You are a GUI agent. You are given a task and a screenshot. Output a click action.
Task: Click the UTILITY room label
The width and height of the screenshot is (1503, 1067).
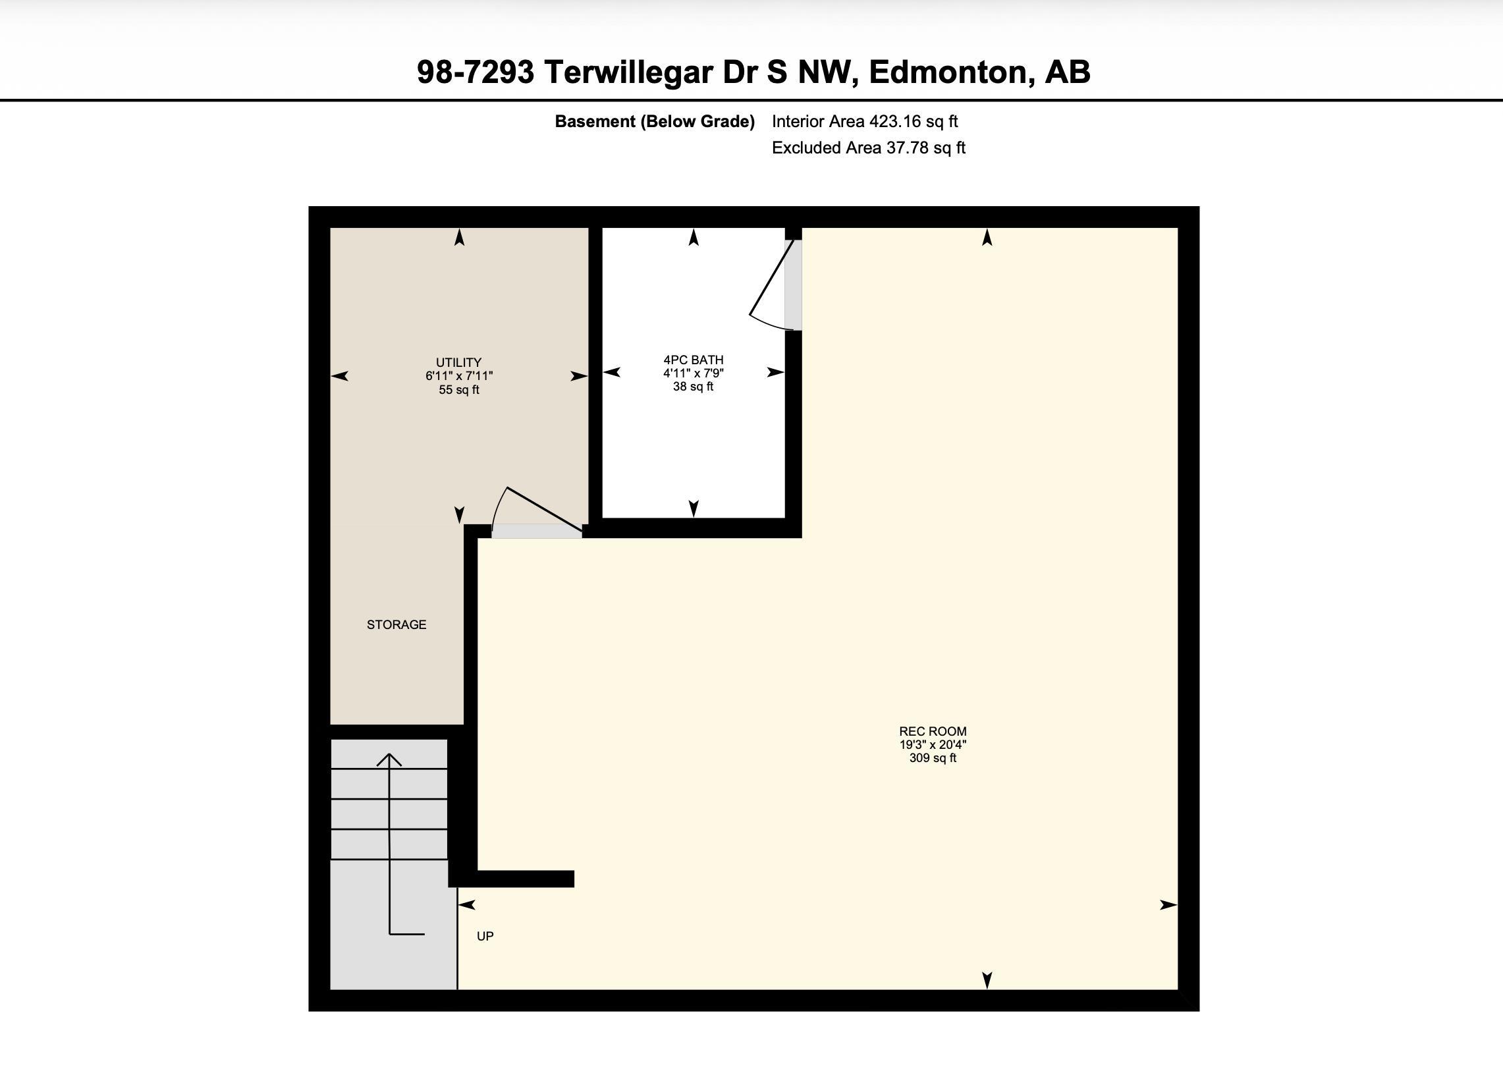[x=458, y=362]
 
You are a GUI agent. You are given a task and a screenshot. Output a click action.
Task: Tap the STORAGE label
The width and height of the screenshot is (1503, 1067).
[x=396, y=624]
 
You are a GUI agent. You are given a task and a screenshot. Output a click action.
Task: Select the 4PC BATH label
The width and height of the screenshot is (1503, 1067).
[x=694, y=360]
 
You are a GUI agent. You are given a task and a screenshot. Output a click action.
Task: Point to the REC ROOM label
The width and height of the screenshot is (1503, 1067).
[x=933, y=731]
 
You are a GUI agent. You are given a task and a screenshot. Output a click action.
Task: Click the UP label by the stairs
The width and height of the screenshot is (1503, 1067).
[x=485, y=936]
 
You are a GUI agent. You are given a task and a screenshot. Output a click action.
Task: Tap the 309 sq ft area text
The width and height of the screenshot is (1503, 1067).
[x=933, y=758]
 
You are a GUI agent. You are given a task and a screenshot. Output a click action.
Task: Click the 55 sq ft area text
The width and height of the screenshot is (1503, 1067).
[x=459, y=390]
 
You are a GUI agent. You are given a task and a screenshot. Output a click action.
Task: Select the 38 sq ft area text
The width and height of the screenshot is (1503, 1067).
[x=693, y=387]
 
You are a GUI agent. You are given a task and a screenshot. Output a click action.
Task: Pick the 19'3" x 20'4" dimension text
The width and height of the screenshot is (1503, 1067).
[x=933, y=745]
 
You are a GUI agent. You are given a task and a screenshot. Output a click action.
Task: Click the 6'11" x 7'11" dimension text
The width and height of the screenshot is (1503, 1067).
[x=459, y=376]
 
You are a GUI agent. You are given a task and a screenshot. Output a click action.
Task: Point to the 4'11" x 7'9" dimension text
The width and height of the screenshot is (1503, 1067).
[x=694, y=373]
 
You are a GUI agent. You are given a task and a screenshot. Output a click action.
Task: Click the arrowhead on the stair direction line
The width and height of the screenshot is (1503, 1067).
[x=389, y=759]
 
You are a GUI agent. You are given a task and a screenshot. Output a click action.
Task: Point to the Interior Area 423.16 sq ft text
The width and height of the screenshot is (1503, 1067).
[x=865, y=122]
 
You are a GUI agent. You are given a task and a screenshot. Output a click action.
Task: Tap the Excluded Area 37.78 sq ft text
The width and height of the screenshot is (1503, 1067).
[x=869, y=148]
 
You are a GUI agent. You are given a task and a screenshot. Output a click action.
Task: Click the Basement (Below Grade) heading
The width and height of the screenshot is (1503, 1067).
[x=655, y=122]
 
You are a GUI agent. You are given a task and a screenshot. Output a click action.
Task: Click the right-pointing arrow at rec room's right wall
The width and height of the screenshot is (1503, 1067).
[x=1168, y=905]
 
